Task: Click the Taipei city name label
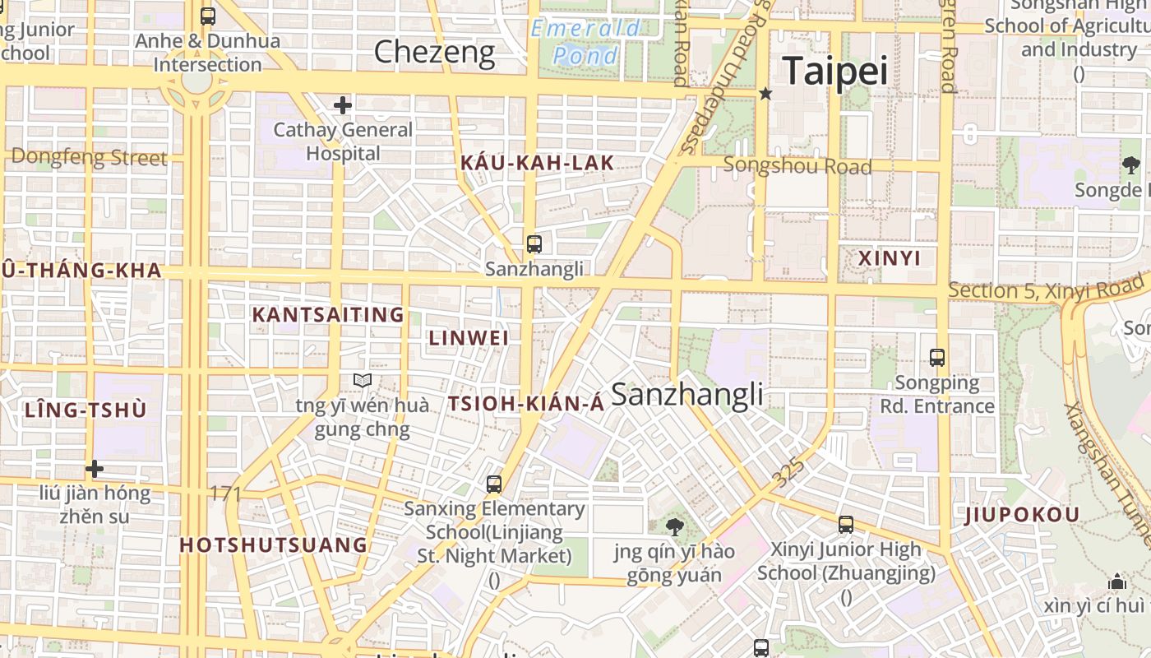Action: click(x=834, y=72)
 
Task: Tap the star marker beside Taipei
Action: click(x=765, y=94)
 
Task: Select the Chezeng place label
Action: click(x=434, y=53)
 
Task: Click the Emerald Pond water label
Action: click(x=585, y=42)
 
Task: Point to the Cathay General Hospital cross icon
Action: click(x=343, y=105)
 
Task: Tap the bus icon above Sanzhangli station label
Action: click(x=534, y=243)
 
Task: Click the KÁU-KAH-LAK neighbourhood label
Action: click(x=537, y=163)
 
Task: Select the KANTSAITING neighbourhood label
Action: click(x=328, y=315)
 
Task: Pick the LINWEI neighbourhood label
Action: click(x=469, y=338)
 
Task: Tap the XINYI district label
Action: click(x=890, y=258)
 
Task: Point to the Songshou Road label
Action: click(x=797, y=166)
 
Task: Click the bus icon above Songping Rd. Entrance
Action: click(x=936, y=358)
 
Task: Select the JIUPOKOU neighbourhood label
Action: click(x=1022, y=516)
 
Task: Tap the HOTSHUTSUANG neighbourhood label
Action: click(x=274, y=545)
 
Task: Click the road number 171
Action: click(x=225, y=493)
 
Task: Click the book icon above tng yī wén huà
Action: click(x=363, y=380)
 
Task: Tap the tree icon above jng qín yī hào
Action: click(x=674, y=526)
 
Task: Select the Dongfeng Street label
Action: click(x=89, y=157)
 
